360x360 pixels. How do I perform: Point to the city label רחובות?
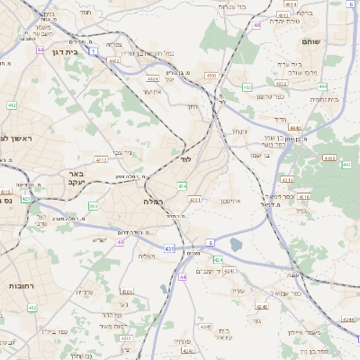coord(18,284)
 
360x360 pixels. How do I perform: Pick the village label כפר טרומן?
coord(270,95)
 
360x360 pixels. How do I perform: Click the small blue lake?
coord(236,245)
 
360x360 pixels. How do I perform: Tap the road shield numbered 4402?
coord(114,61)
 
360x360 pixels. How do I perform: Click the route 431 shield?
coord(168,248)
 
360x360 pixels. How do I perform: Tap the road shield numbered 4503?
coord(211,76)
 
